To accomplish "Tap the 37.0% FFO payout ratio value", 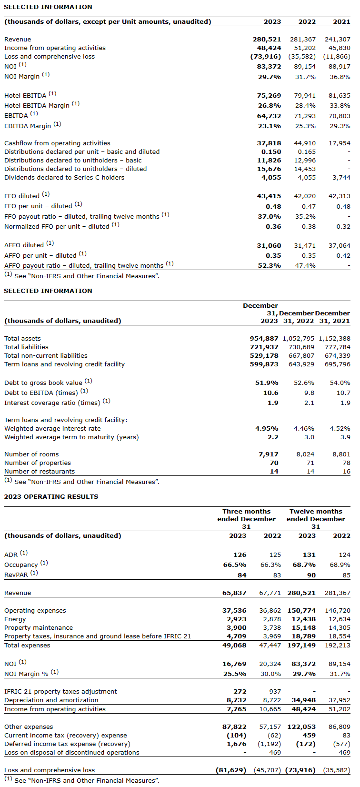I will tap(270, 216).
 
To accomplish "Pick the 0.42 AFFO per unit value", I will tap(343, 255).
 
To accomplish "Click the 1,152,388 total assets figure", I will tap(334, 338).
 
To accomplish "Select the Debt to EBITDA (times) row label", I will tap(41, 393).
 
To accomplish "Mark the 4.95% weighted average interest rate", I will tap(267, 428).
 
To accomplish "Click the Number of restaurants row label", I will tap(40, 471).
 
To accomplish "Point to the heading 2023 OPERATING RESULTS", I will tap(51, 496).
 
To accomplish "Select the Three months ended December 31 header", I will tap(246, 519).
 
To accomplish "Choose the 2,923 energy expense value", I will tap(237, 619).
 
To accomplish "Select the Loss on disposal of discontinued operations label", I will tap(72, 752).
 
